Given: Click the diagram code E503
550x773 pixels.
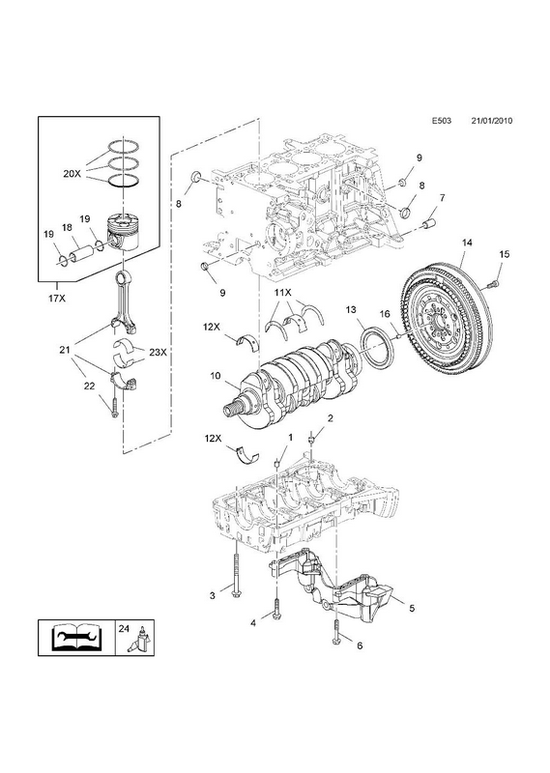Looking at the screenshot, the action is point(442,120).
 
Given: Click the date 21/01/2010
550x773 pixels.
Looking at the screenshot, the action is point(491,120).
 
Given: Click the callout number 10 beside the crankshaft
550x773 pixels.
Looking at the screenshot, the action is point(215,376).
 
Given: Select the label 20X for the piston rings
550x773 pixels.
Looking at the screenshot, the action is point(72,173).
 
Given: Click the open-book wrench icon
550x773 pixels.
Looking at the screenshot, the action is point(76,638).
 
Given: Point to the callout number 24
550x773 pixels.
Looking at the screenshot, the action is point(124,629).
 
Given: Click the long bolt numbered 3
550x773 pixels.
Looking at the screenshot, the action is point(237,576).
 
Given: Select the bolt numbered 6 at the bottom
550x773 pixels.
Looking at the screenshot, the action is point(336,634).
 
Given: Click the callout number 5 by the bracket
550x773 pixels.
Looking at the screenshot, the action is point(412,609).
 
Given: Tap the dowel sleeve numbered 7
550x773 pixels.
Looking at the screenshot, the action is point(428,223).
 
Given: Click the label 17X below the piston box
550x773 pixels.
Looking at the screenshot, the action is point(57,298).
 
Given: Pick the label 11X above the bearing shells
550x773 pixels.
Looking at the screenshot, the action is point(283,293).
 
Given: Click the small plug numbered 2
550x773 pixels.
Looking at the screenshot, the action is point(311,438).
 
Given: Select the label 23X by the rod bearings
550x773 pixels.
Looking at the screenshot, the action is point(158,352).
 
